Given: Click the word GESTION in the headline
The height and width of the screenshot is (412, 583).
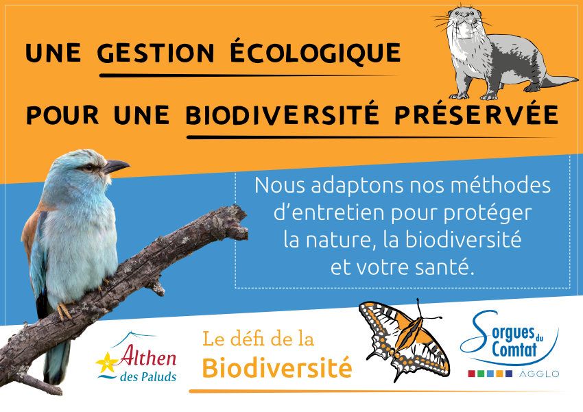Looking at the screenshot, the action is [156, 53].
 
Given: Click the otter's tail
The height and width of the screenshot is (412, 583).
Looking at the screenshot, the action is [558, 81].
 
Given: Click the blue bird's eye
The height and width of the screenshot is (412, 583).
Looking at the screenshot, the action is [89, 167].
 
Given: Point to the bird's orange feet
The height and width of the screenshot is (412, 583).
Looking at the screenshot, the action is [65, 311].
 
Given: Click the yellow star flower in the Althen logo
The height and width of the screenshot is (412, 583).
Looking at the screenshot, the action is [107, 362].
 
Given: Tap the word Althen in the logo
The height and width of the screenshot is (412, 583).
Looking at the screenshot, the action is [147, 356].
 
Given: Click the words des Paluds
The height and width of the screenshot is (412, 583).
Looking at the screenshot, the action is [148, 377].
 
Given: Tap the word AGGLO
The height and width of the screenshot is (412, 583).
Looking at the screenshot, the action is [538, 374].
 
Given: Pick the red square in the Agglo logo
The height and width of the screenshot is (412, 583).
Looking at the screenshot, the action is [471, 374].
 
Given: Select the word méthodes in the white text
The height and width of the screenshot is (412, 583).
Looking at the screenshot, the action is [501, 185].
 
